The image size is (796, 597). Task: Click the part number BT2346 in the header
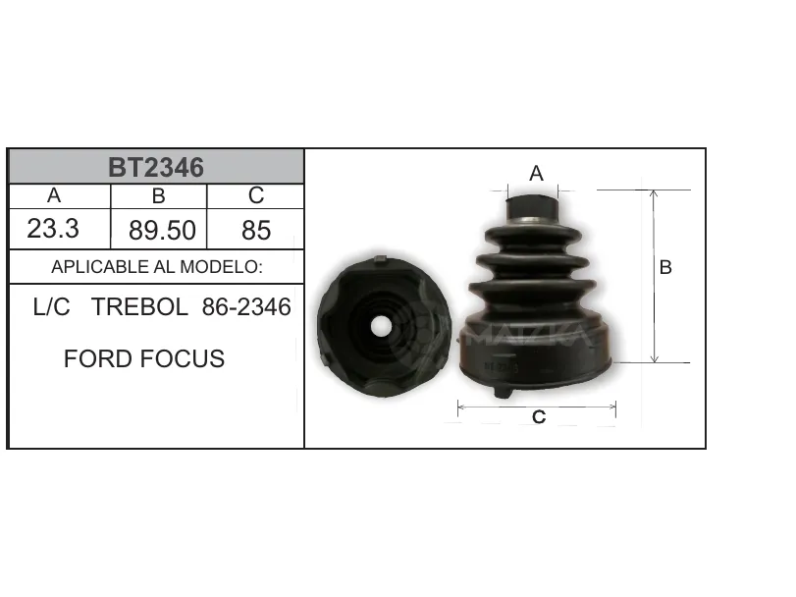[x=156, y=167]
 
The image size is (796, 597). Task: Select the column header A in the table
[x=54, y=195]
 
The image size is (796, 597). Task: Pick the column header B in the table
[x=158, y=196]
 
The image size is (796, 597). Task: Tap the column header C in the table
[x=256, y=195]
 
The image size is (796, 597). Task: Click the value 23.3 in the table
[x=53, y=229]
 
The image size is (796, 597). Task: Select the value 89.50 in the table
[x=162, y=231]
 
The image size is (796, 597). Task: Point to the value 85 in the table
[x=256, y=231]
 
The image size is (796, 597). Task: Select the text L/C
[x=51, y=307]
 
